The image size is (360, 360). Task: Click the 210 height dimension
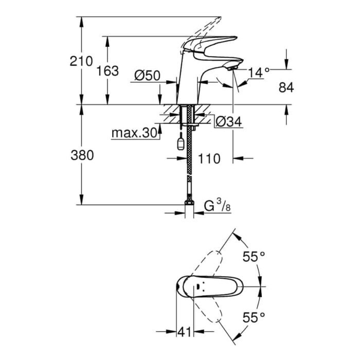pos(81,61)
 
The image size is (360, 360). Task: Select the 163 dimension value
pos(107,71)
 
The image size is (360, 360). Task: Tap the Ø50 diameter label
pos(148,75)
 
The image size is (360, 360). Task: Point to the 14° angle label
pos(259,73)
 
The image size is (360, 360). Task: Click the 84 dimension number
pos(286,87)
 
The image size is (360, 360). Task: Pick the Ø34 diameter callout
pos(229,121)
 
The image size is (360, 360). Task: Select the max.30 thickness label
pos(134,133)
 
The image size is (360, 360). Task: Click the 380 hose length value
pos(82,155)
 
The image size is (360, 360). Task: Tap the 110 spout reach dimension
pos(209,158)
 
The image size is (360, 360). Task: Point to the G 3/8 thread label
pos(217,206)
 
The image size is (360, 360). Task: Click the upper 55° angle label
pos(254,257)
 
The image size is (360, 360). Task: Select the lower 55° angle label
pos(254,318)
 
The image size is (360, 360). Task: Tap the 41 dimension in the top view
pos(185,332)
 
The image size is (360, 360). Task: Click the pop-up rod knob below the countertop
pos(181,144)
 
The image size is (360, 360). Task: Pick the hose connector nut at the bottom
pos(189,202)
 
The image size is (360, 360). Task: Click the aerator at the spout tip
pos(232,68)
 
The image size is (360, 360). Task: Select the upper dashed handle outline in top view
pos(208,264)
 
